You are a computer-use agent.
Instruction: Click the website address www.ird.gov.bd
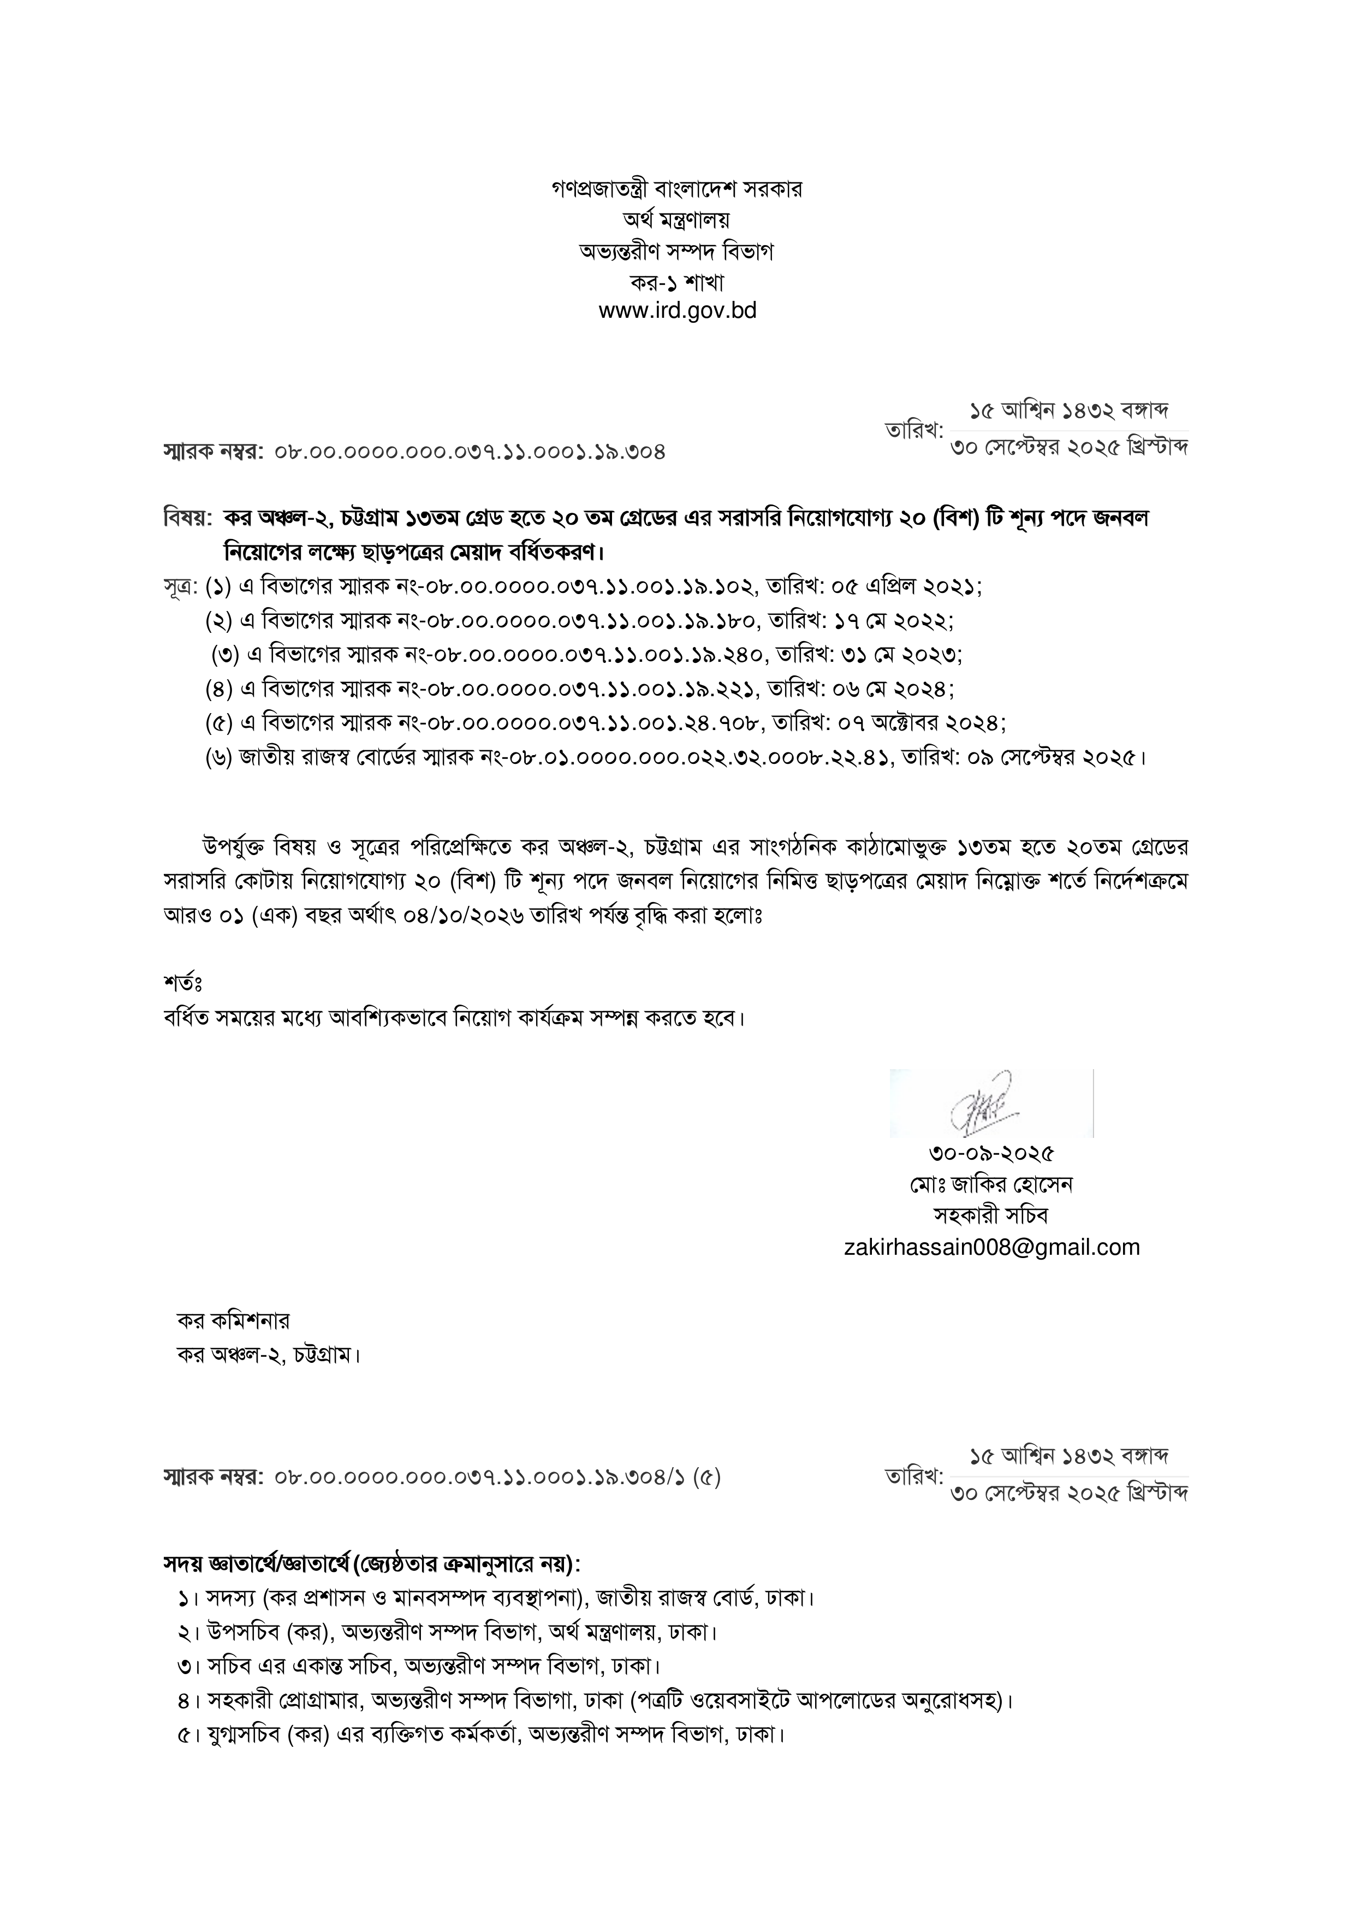[676, 311]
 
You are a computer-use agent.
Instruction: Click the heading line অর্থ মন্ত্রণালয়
[676, 220]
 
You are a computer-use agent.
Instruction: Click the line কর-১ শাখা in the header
[676, 281]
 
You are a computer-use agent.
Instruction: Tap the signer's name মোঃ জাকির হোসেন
[991, 1184]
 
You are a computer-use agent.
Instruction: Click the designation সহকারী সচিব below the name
[991, 1215]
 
